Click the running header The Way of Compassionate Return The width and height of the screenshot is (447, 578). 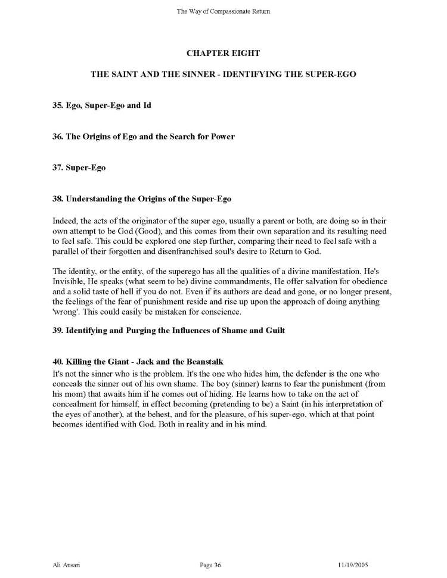(x=223, y=11)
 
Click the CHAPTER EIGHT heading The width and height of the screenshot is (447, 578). (x=223, y=53)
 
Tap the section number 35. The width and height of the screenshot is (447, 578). (x=58, y=106)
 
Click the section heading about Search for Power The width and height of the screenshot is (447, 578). (x=144, y=136)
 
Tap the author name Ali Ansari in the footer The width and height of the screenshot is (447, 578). (x=64, y=564)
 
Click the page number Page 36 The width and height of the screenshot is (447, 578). (x=212, y=564)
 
